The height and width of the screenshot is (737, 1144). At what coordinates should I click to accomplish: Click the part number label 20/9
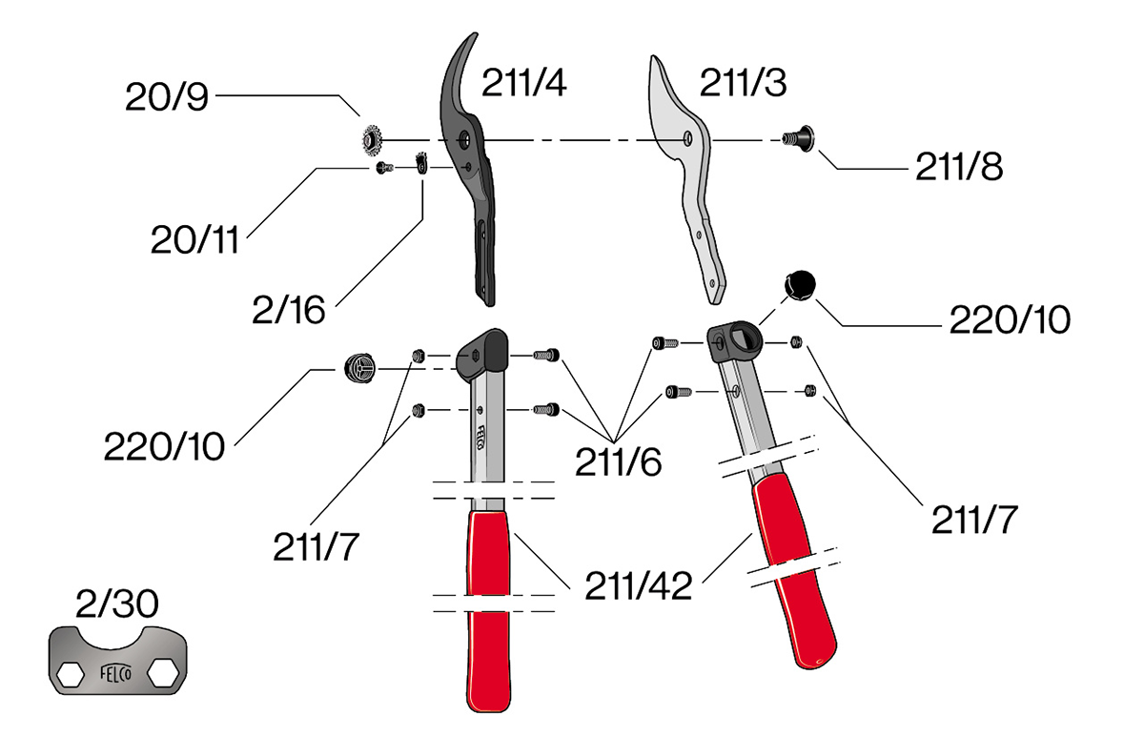(x=166, y=95)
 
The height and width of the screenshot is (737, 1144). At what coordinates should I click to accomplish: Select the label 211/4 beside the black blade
(x=524, y=84)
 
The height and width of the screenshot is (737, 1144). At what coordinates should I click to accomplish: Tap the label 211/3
(x=743, y=84)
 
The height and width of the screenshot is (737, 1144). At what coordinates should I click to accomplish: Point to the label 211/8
(x=959, y=167)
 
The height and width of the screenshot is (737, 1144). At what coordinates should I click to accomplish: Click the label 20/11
(x=194, y=239)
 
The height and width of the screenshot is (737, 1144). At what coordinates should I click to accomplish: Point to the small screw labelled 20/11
(x=384, y=169)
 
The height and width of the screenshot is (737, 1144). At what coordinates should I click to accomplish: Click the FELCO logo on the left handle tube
(x=481, y=440)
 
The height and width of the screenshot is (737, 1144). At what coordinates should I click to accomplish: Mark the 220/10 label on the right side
(x=1009, y=319)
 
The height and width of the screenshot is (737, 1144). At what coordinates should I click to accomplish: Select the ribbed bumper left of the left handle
(x=357, y=366)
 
